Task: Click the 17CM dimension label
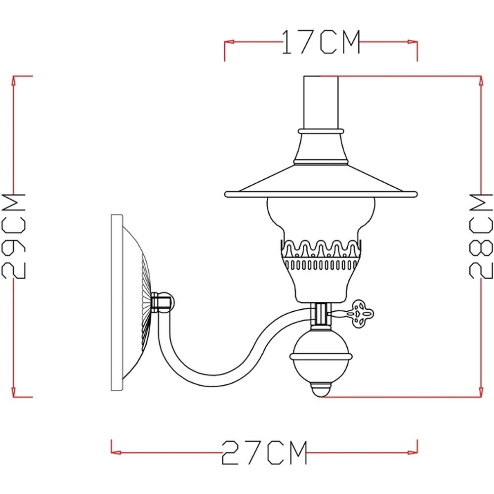coord(321,42)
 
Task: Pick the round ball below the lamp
coord(321,356)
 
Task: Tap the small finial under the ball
coord(321,390)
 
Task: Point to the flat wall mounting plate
coord(117,302)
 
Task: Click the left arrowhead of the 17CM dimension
coord(227,42)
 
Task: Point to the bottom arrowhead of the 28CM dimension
coord(481,393)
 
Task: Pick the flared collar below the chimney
coord(321,148)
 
